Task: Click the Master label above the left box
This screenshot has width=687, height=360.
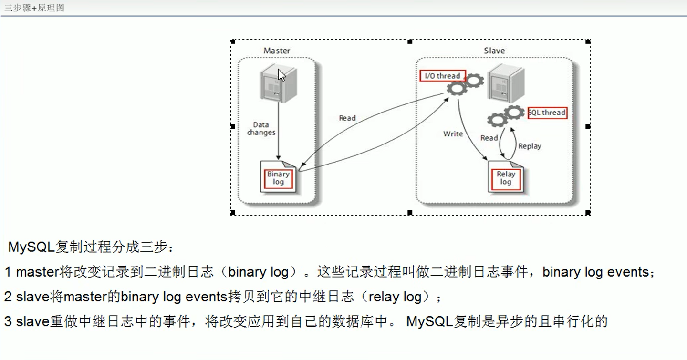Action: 277,51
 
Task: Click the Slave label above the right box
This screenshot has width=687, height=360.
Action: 494,51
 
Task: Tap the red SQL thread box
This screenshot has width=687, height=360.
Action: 547,113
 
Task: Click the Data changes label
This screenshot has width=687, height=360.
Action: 261,129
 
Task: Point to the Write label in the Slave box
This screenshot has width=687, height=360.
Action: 453,134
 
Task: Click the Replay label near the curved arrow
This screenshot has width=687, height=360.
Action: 530,146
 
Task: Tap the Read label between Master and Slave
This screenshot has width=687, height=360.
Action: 347,118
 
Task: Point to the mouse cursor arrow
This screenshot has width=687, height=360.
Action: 281,75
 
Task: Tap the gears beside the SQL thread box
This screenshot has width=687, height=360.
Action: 505,116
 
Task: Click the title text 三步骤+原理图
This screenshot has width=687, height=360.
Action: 34,8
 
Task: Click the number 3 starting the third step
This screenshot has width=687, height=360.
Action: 8,321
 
